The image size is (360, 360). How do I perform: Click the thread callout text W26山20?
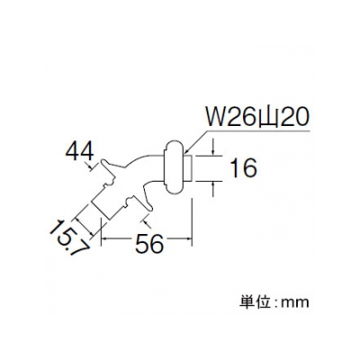(256, 119)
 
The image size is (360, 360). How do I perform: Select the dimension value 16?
(244, 168)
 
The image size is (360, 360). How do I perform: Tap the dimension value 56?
(149, 243)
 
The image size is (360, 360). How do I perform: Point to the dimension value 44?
(80, 152)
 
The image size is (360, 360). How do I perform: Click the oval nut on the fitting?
(173, 167)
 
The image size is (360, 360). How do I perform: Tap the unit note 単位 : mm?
(274, 301)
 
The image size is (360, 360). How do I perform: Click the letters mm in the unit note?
(296, 302)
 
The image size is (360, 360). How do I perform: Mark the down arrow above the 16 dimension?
(213, 148)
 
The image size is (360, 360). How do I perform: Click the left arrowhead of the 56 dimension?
(104, 238)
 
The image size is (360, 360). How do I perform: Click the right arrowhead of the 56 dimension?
(188, 238)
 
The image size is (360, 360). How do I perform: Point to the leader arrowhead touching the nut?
(187, 150)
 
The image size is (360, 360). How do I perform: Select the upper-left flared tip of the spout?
(103, 161)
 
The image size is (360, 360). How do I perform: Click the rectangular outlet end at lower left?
(102, 207)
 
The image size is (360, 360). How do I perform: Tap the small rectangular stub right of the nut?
(187, 168)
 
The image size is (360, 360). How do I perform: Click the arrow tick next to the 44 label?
(91, 166)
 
